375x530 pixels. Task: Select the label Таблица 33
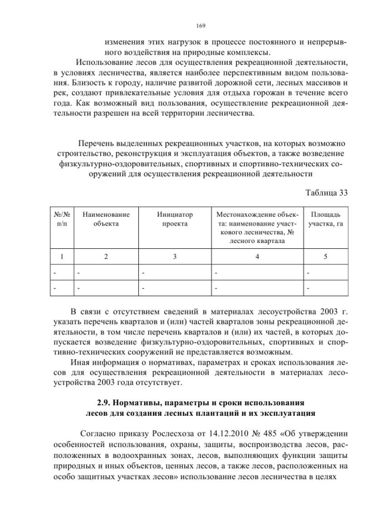327,193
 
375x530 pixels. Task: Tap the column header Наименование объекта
106,219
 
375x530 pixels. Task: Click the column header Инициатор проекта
175,219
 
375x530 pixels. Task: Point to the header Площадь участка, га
326,219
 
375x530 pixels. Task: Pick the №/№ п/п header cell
59,219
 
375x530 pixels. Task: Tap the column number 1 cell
59,255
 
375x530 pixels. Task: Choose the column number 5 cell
326,255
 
